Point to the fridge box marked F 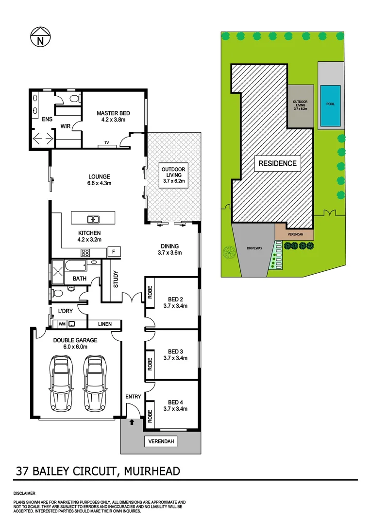(114, 251)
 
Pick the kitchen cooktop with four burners (85, 252)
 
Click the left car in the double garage (61, 383)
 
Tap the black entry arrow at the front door (132, 422)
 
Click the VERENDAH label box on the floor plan (161, 441)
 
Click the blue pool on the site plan (330, 105)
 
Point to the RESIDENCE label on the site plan (277, 163)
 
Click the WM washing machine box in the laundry (62, 324)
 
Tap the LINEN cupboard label (104, 324)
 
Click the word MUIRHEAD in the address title (152, 471)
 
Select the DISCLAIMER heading (24, 493)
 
